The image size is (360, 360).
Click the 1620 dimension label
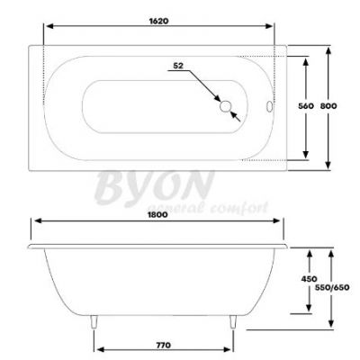158,21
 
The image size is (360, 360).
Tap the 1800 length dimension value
157,215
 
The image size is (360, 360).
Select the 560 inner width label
306,106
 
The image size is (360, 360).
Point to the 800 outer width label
328,106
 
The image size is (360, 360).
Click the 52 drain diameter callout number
178,66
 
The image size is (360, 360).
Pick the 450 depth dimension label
309,279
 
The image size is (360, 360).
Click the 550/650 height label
332,287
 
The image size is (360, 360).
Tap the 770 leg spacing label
164,345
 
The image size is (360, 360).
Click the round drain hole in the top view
225,106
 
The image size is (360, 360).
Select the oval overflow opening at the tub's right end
269,106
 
